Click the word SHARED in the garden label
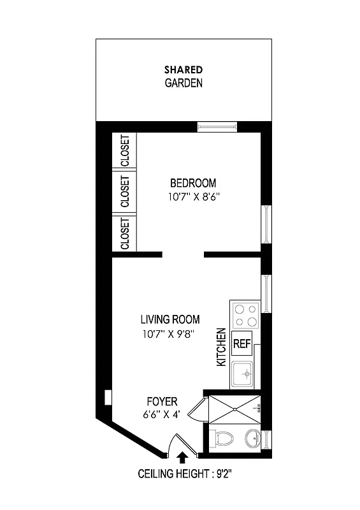184,69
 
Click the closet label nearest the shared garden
125,150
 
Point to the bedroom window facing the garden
216,127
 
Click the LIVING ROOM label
170,319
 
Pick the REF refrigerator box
241,344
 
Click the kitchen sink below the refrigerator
243,374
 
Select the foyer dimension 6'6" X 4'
162,415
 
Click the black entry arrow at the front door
183,456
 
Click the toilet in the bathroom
224,439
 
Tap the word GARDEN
184,83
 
